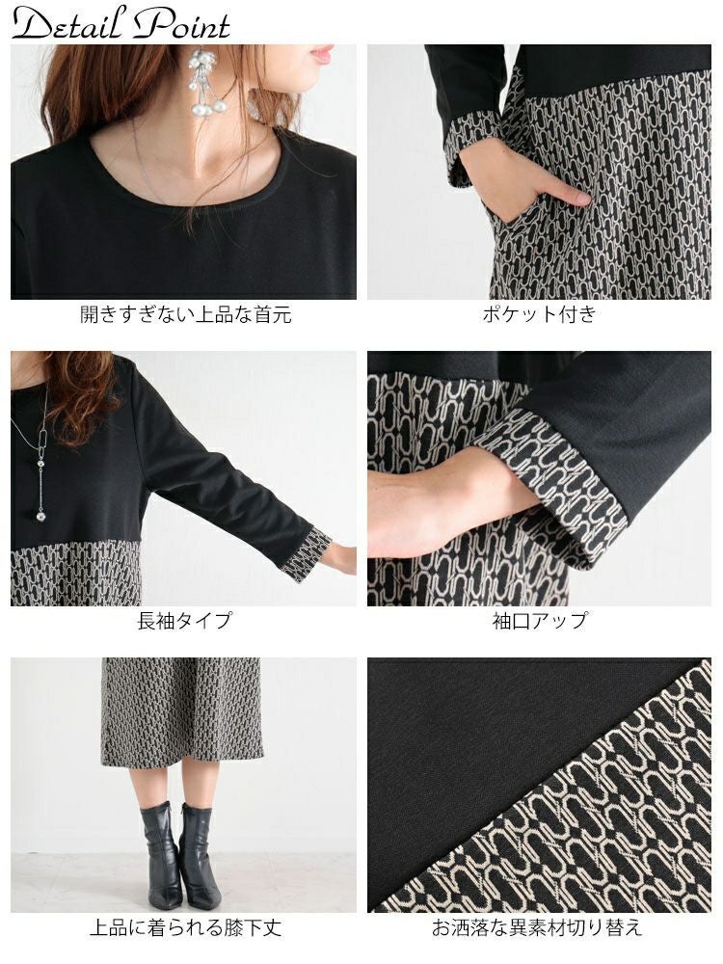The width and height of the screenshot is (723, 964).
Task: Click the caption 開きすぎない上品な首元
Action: pyautogui.click(x=186, y=315)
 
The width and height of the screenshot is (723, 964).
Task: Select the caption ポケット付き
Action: pyautogui.click(x=539, y=314)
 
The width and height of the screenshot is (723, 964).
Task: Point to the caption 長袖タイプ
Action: pyautogui.click(x=184, y=620)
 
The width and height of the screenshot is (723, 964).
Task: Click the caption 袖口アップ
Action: pyautogui.click(x=540, y=620)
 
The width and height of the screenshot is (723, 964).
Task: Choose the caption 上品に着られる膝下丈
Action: pyautogui.click(x=186, y=927)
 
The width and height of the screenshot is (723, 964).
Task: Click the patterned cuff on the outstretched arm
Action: pyautogui.click(x=306, y=554)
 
